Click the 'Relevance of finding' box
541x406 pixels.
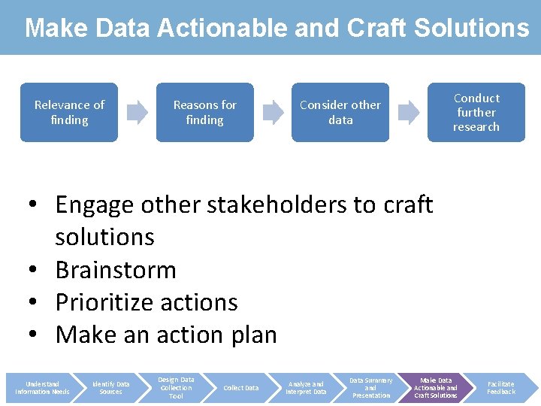tap(69, 112)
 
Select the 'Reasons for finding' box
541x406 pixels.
tap(204, 112)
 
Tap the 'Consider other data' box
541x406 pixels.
tap(340, 112)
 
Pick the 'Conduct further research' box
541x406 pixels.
tap(476, 112)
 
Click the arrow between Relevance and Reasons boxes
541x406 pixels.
tap(138, 113)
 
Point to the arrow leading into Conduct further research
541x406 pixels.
tap(409, 113)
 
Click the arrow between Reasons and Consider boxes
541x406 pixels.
tap(273, 113)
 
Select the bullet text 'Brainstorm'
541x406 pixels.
tap(116, 269)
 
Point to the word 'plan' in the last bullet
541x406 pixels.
tap(252, 335)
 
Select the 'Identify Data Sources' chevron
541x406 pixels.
tap(110, 388)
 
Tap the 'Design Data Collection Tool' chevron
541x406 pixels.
tap(176, 388)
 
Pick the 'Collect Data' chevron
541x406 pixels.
tap(241, 388)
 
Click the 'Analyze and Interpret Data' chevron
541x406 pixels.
tap(306, 388)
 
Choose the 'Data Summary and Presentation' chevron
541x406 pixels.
tap(371, 388)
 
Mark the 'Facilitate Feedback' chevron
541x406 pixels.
tap(501, 388)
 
